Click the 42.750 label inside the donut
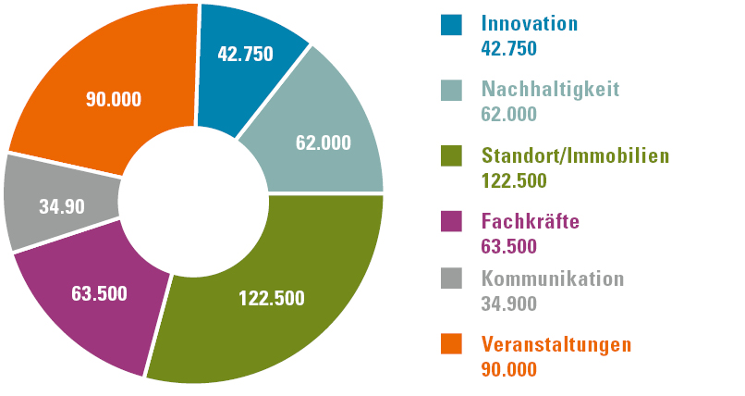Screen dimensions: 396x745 pos(245,54)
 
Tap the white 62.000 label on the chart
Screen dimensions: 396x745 pos(323,142)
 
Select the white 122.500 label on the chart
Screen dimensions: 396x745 pos(272,299)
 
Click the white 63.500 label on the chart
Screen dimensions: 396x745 pos(99,294)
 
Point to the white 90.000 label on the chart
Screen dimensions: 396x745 pos(114,98)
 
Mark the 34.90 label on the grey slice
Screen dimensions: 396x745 pos(62,206)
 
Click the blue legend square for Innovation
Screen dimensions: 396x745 pos(451,25)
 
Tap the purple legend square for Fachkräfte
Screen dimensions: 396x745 pos(451,223)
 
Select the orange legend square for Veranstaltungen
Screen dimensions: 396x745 pos(451,345)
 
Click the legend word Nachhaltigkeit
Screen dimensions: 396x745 pos(550,90)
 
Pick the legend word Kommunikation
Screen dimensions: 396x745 pos(553,278)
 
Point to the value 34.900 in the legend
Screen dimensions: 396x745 pos(509,303)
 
